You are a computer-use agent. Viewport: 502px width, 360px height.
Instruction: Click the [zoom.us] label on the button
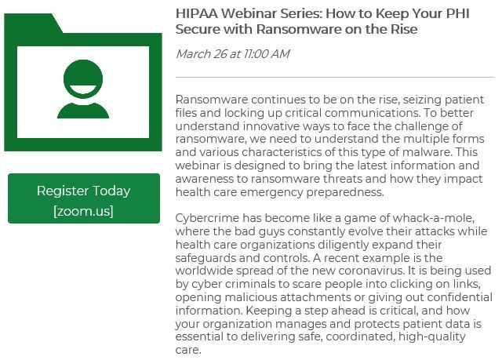coord(82,210)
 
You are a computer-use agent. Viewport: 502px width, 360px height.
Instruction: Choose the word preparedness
coord(347,192)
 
